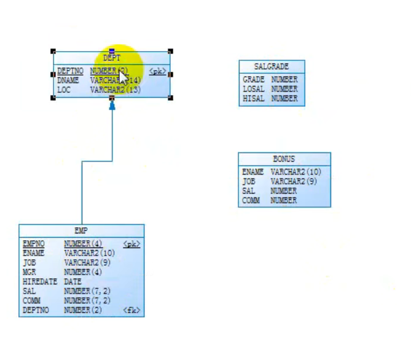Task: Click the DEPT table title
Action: pos(112,58)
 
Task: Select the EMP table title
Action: pos(81,231)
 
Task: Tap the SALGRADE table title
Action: pos(272,66)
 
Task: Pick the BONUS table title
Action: pos(284,158)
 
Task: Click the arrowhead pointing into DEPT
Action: pos(112,106)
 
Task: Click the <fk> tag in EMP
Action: pos(131,310)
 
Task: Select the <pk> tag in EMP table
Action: pos(131,244)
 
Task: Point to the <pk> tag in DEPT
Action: pos(157,71)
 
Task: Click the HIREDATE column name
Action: pos(39,282)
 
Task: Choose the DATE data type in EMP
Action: pos(73,282)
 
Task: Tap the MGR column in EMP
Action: pos(29,272)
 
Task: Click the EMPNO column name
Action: pos(34,244)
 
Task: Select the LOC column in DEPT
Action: pos(64,90)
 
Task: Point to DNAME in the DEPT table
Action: pos(68,80)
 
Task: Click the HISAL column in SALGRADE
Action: pos(253,98)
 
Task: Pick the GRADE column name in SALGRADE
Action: pos(253,80)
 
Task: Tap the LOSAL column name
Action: pos(253,89)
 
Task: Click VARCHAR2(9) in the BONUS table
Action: pos(294,182)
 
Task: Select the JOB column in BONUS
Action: pos(249,182)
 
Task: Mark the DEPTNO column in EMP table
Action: pos(36,310)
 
